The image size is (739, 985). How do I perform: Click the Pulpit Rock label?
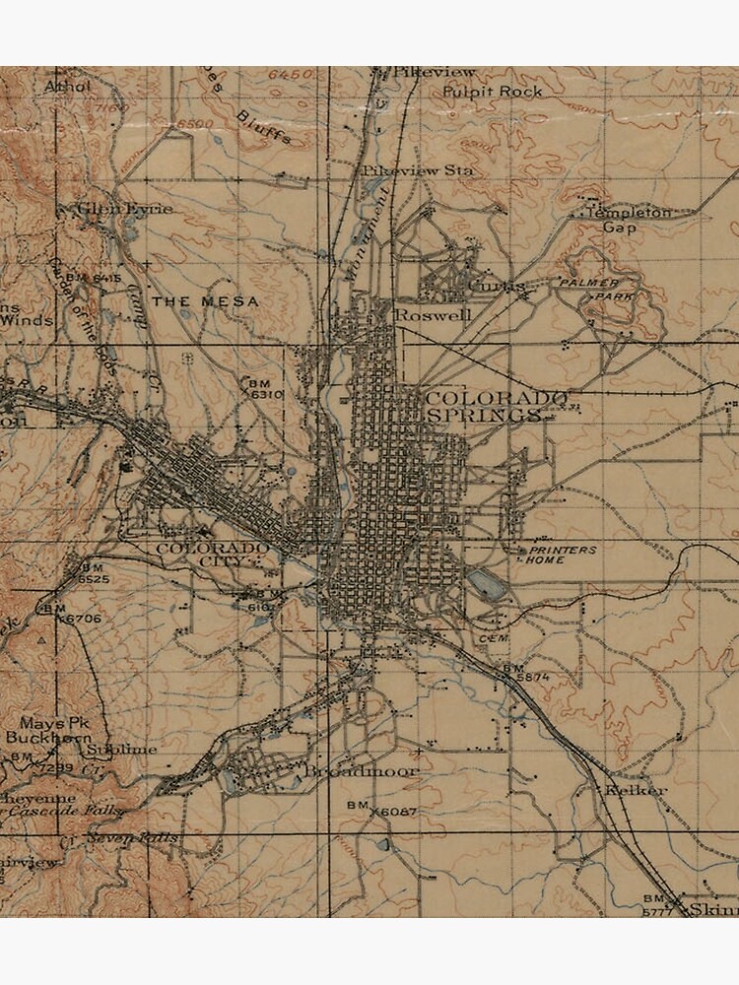click(492, 91)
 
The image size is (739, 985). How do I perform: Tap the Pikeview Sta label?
click(417, 170)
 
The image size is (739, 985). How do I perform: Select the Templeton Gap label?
click(628, 219)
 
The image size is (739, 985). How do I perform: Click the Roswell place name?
click(433, 314)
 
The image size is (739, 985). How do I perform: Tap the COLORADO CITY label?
click(211, 554)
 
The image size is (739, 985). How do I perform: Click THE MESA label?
click(205, 300)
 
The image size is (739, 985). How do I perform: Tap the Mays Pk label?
click(48, 722)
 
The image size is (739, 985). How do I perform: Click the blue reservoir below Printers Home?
click(487, 584)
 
